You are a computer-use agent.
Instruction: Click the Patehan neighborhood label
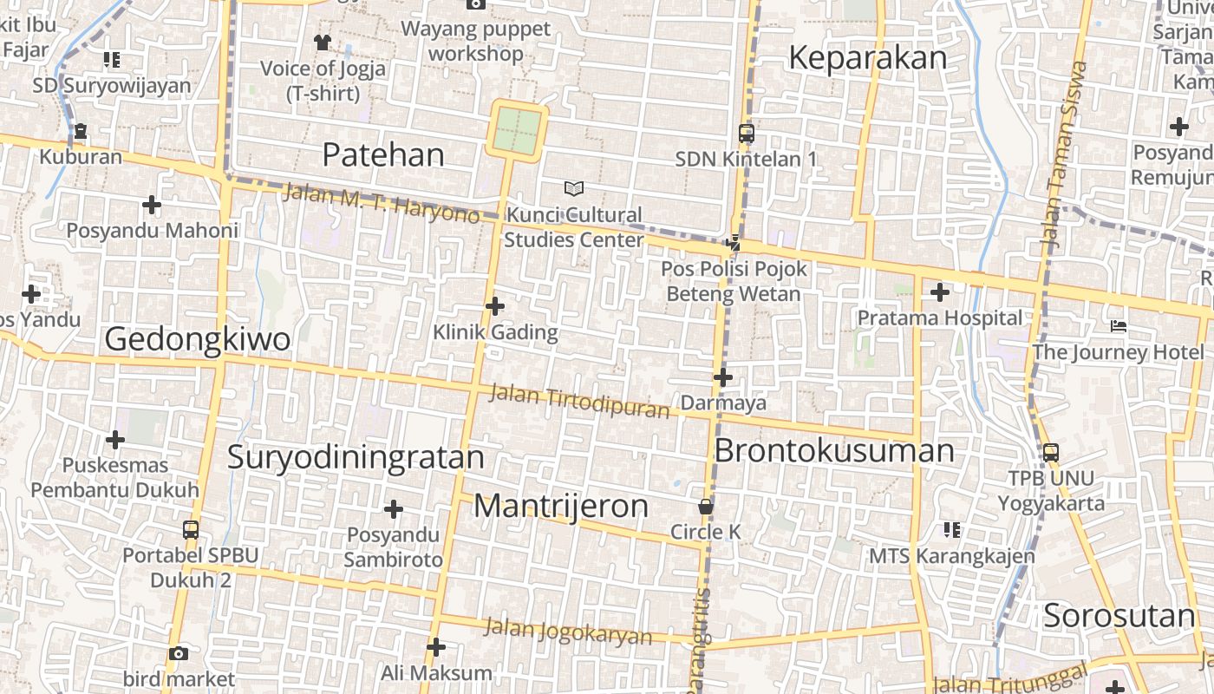coord(382,155)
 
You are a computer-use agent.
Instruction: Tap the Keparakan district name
coord(867,58)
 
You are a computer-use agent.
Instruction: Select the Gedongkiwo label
coord(197,339)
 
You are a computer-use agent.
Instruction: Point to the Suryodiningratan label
coord(356,457)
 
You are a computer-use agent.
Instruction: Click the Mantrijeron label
coord(561,506)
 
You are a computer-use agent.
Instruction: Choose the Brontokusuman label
coord(833,451)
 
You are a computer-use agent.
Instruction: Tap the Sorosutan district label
coord(1119,616)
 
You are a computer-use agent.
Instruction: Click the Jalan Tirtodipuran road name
coord(579,400)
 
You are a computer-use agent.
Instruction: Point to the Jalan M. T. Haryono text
coord(381,203)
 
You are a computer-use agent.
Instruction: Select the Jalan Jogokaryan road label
coord(568,631)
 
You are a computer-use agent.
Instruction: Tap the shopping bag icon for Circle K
coord(706,506)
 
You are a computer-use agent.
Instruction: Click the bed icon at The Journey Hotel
coord(1118,326)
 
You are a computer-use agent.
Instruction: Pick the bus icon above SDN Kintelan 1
coord(746,134)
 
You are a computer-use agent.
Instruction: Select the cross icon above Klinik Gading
coord(495,306)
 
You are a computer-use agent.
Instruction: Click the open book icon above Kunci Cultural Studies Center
coord(573,188)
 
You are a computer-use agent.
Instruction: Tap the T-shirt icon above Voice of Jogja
coord(323,42)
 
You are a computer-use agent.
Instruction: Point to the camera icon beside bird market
coord(179,653)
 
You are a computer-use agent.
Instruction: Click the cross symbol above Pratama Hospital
coord(939,292)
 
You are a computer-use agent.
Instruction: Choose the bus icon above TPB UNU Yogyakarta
coord(1050,452)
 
